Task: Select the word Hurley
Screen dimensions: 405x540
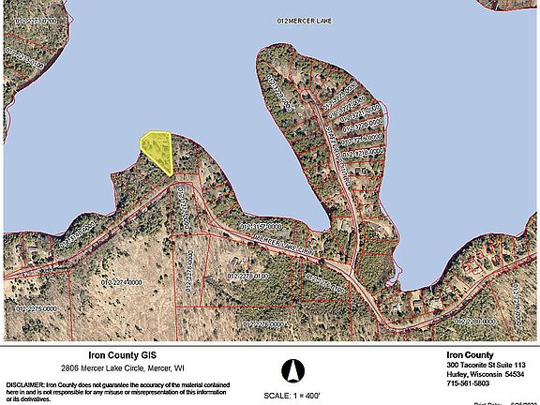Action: point(458,374)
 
